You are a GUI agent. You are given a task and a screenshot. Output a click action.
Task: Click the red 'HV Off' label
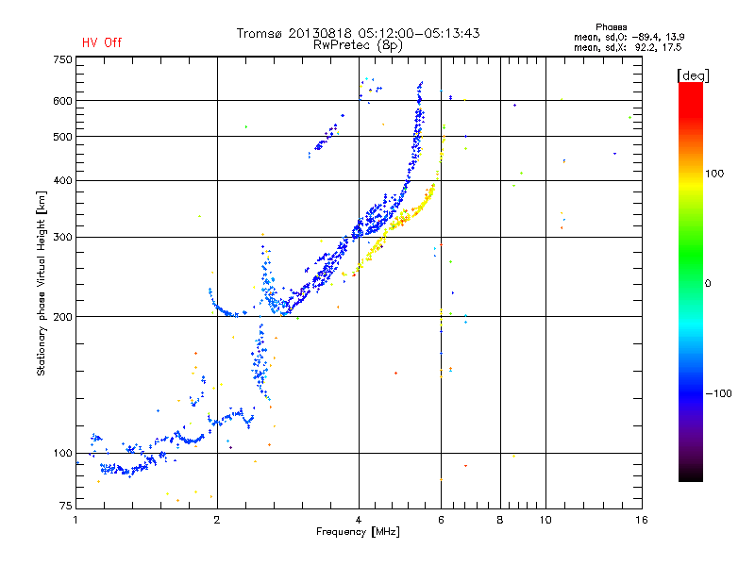coord(102,42)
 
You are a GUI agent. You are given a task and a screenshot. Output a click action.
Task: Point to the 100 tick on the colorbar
coord(715,174)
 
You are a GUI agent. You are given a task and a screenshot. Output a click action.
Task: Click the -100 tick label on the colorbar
coord(718,392)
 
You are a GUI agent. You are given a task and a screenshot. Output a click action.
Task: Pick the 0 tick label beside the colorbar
coord(710,283)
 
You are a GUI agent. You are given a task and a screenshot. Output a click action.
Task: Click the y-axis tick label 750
coord(61,58)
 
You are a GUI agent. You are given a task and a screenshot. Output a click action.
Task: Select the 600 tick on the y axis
coord(61,100)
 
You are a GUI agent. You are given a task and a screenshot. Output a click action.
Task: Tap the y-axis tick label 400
coord(61,180)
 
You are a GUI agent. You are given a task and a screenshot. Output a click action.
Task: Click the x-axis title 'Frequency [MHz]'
coord(359,532)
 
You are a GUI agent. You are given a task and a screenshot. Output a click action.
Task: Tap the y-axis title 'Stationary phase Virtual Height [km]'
coord(42,283)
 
